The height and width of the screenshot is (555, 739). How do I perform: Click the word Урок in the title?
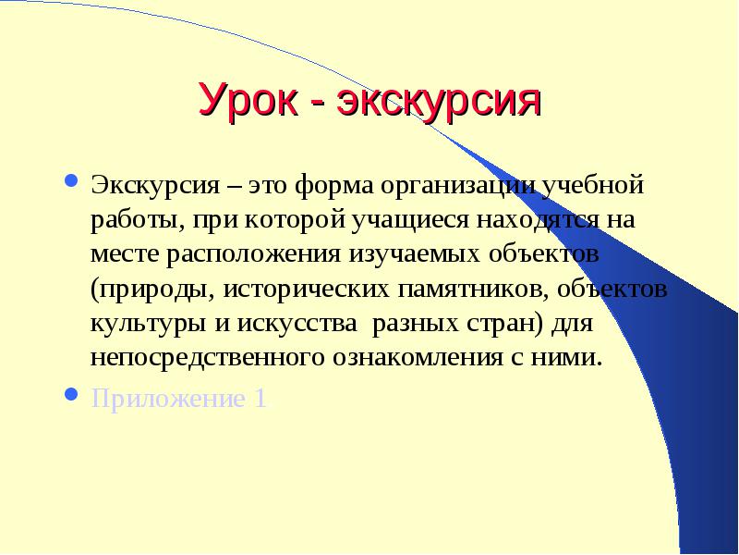pos(248,100)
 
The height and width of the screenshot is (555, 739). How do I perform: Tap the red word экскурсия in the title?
pos(439,100)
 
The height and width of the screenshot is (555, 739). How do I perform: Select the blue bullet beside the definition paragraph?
pos(71,180)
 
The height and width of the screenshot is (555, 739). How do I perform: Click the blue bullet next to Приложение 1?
pos(71,394)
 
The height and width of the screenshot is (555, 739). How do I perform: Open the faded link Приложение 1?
pos(178,399)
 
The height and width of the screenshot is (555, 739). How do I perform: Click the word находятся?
pos(538,219)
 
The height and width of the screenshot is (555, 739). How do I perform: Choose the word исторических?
pos(307,290)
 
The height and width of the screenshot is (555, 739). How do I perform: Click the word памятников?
pos(473,290)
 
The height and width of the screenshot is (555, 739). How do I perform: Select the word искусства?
pos(297,324)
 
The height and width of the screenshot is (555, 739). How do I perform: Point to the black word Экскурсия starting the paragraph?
pos(155,186)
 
